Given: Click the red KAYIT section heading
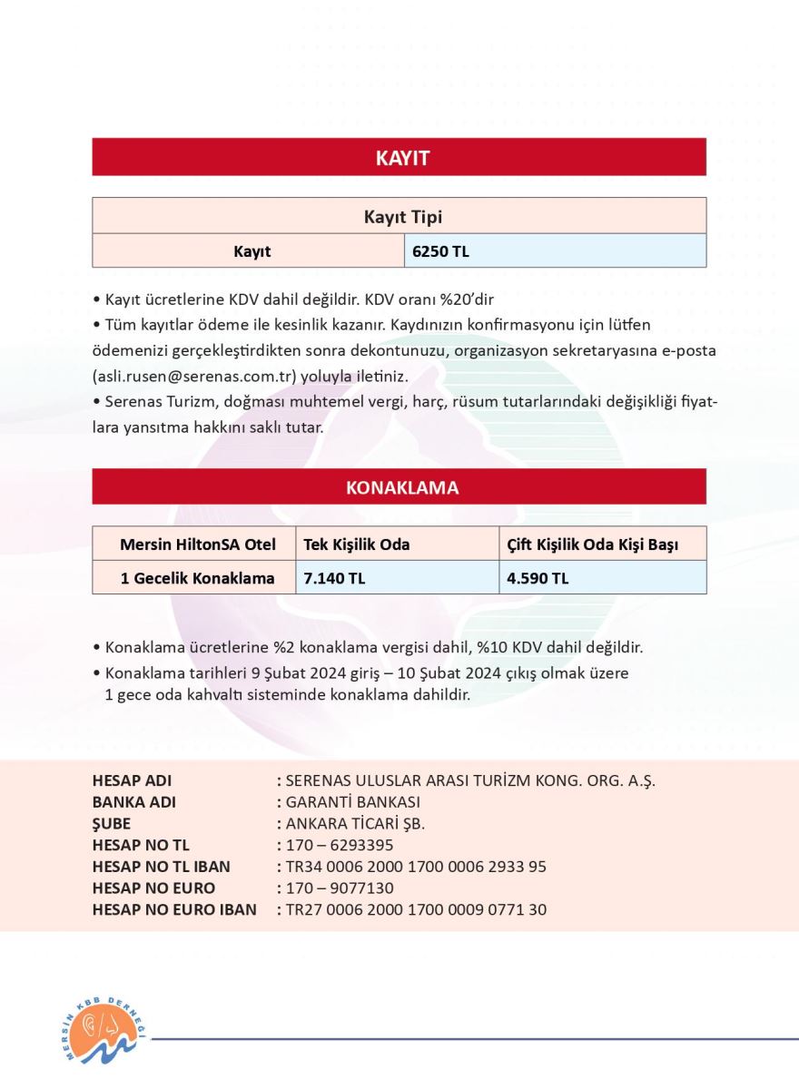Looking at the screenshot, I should coord(399,158).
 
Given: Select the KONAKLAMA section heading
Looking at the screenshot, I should coord(399,487).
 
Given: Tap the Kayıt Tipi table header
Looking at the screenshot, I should coord(399,217).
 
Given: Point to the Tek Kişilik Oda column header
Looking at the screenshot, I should coord(357,544).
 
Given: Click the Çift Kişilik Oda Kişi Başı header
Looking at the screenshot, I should coord(593,544).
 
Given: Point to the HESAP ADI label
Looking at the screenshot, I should coord(132,780).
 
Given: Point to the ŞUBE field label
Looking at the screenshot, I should coord(112,824).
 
